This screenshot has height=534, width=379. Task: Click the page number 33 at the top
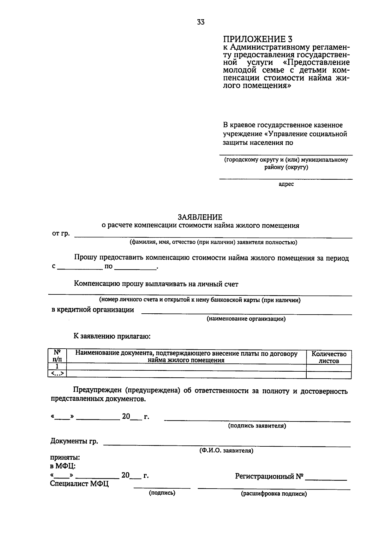(x=201, y=22)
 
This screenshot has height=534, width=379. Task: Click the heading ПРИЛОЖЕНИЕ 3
(x=258, y=39)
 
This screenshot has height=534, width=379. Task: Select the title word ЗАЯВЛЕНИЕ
(x=200, y=217)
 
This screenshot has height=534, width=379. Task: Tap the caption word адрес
(x=286, y=184)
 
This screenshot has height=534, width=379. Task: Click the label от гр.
(x=61, y=234)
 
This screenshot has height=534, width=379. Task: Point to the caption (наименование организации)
(x=246, y=319)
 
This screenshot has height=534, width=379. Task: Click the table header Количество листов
(x=329, y=357)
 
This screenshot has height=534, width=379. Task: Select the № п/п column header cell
(x=57, y=356)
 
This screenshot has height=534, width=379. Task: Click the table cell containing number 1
(x=57, y=366)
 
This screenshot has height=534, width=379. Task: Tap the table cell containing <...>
(x=57, y=374)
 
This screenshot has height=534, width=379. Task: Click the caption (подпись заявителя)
(x=257, y=426)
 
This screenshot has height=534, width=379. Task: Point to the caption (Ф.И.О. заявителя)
(x=226, y=451)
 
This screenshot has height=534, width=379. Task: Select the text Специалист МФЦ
(x=79, y=484)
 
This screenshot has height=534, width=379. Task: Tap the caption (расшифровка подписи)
(x=274, y=494)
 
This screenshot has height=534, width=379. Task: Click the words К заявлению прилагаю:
(x=112, y=336)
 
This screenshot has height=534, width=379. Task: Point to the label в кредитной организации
(x=93, y=310)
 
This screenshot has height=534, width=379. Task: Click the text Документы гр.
(x=74, y=441)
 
